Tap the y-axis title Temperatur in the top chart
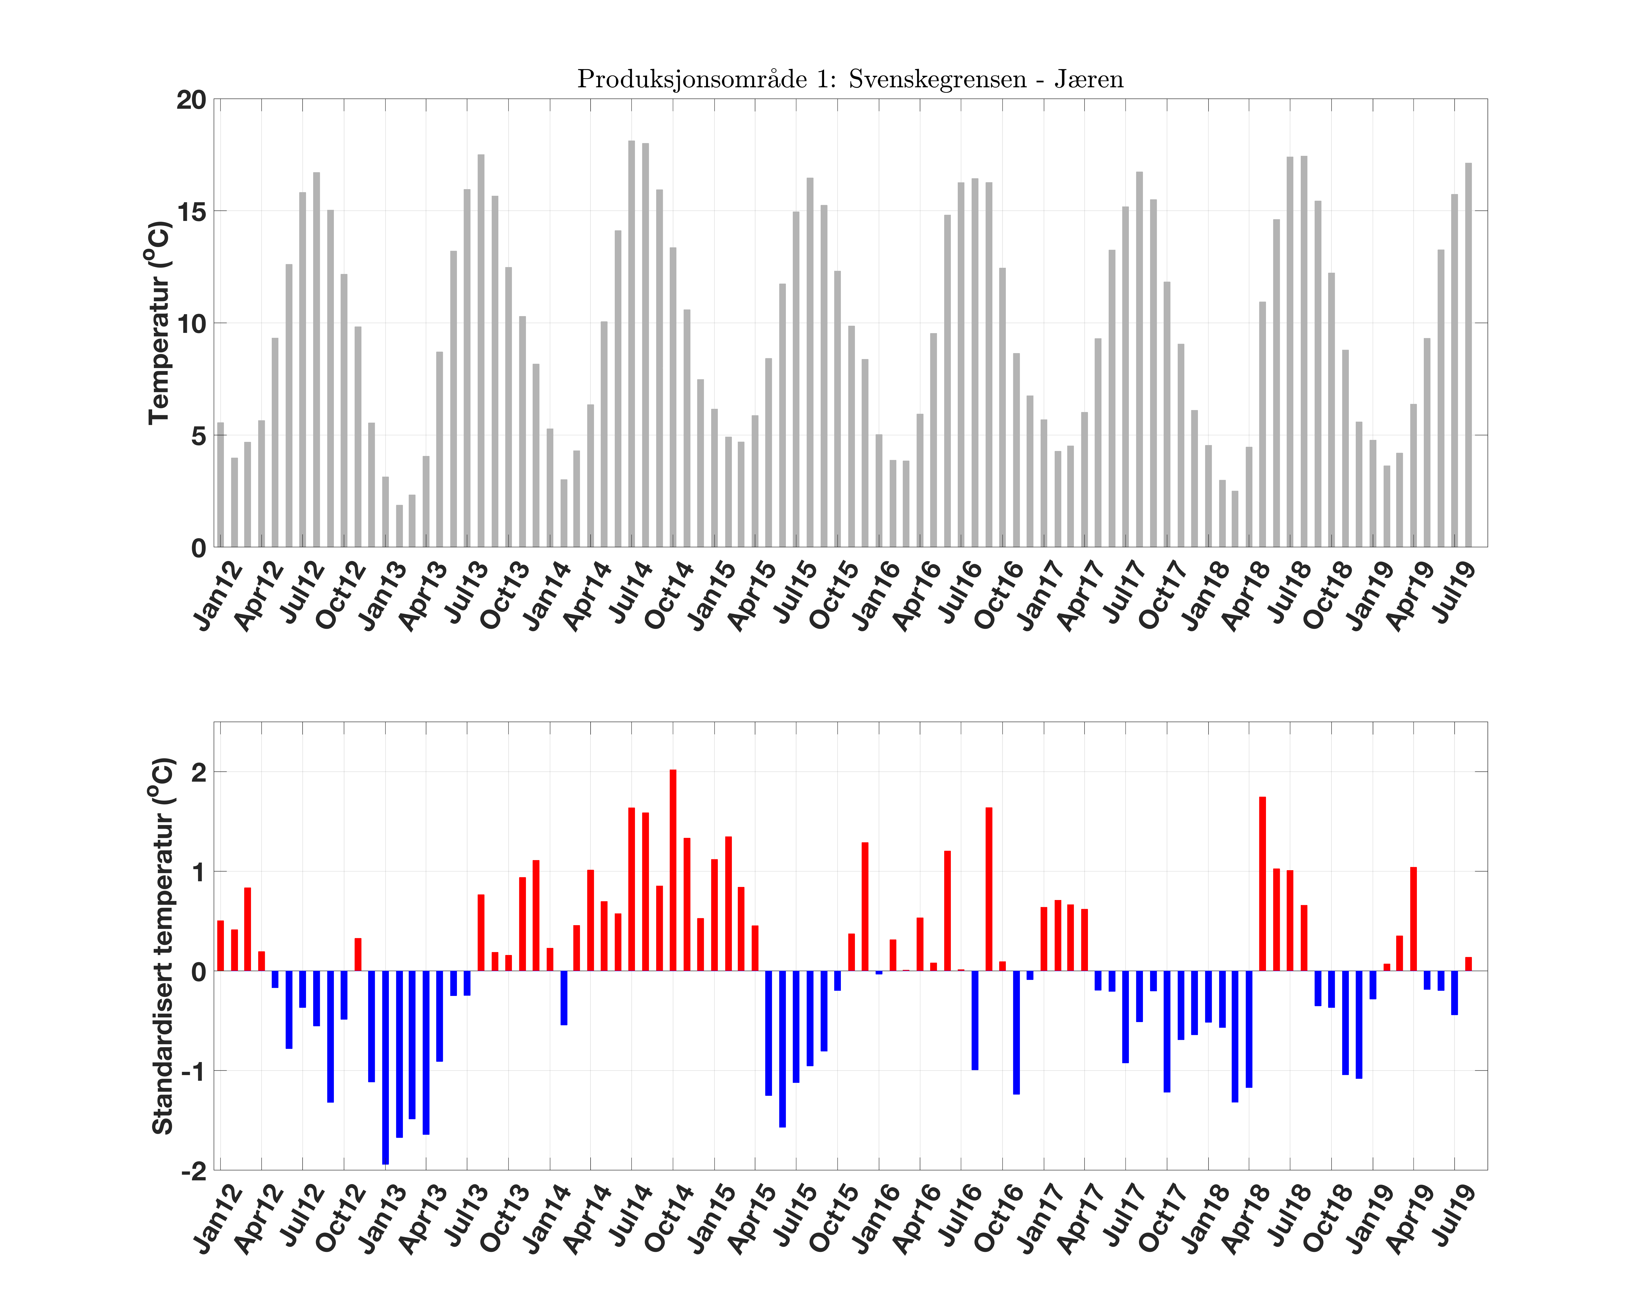click(159, 323)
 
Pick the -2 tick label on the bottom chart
click(194, 1171)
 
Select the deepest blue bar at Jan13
click(385, 1067)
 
